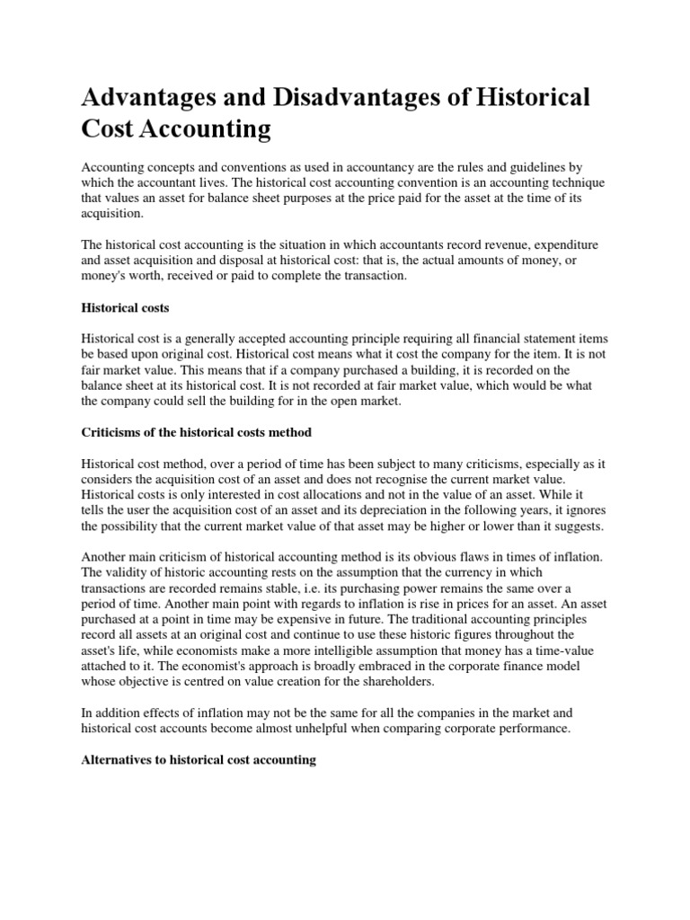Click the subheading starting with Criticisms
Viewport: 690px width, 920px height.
[x=197, y=432]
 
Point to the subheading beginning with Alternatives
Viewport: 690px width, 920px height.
[x=199, y=759]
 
